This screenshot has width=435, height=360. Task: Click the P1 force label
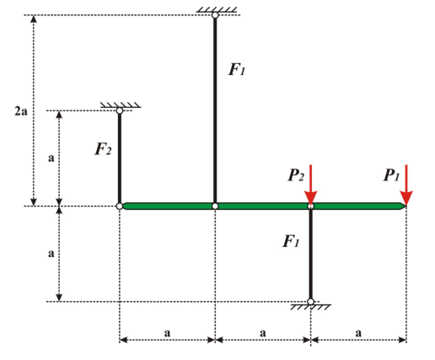[x=391, y=175]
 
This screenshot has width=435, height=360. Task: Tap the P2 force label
[x=296, y=175]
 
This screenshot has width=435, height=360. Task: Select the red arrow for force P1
[x=406, y=185]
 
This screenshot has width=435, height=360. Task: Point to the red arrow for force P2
[x=311, y=185]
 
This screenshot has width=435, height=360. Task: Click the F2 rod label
[x=103, y=149]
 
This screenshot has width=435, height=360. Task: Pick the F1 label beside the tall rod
[x=237, y=69]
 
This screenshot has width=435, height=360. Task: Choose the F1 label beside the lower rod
[x=291, y=241]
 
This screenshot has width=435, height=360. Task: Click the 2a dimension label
[x=21, y=111]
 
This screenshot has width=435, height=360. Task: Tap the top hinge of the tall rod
[x=215, y=15]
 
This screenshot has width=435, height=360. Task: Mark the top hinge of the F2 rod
[x=120, y=110]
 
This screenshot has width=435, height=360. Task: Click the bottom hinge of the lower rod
[x=310, y=302]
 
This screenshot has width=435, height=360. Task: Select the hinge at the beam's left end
[x=120, y=207]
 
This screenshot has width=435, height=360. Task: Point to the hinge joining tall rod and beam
[x=215, y=207]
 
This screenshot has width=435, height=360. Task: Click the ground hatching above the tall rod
[x=217, y=10]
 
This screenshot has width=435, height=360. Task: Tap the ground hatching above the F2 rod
[x=121, y=105]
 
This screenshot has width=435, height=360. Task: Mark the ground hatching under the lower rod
[x=311, y=307]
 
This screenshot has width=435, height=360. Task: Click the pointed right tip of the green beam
[x=406, y=207]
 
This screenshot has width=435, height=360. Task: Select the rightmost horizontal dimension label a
[x=358, y=333]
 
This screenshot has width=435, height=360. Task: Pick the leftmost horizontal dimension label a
[x=167, y=333]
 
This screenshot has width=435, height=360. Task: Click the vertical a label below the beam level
[x=51, y=254]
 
